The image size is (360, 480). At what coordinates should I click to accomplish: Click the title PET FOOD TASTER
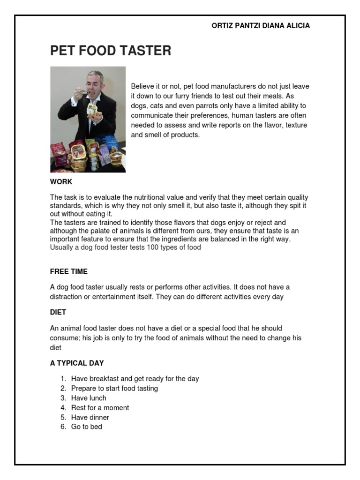click(x=111, y=51)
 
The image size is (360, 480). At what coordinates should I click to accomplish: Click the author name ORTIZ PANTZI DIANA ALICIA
click(x=261, y=26)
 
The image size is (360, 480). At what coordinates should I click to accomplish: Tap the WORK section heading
click(x=61, y=182)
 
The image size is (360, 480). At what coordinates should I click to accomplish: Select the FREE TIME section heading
click(x=69, y=271)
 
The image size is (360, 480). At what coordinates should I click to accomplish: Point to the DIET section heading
click(x=58, y=312)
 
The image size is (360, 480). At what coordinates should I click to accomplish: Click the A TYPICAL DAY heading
click(x=77, y=363)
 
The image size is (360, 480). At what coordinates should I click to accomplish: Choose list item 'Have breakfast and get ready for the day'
click(x=135, y=379)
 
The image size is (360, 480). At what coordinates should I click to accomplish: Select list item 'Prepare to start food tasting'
click(x=114, y=389)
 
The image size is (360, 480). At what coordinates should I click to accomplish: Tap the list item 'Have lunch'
click(x=89, y=398)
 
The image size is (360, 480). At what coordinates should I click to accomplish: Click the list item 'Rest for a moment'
click(x=100, y=408)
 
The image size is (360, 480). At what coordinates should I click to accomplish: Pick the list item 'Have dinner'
click(x=90, y=417)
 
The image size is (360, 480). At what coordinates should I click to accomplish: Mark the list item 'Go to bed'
click(x=86, y=427)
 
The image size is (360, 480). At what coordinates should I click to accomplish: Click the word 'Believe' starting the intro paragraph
click(x=142, y=87)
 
